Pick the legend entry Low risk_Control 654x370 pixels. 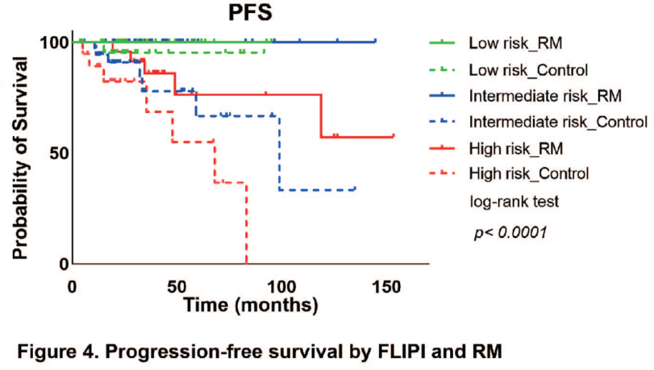point(527,69)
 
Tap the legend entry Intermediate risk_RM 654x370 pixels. point(544,96)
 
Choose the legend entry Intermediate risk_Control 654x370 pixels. point(557,123)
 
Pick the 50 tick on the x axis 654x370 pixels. point(177,286)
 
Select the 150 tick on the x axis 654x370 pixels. point(385,286)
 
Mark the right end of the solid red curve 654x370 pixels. point(394,137)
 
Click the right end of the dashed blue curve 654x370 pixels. point(355,189)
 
